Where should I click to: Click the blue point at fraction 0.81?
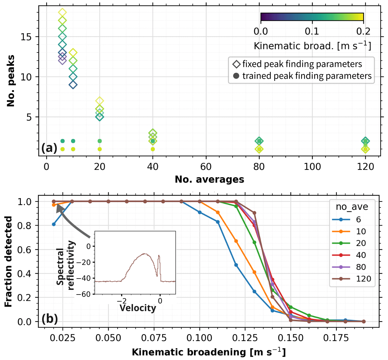[x=53, y=224]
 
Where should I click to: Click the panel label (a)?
[x=49, y=148]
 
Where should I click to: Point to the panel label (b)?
[x=49, y=319]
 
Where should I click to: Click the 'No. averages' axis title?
[x=209, y=180]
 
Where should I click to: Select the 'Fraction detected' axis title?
[x=9, y=262]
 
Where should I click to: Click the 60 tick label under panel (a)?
[x=206, y=166]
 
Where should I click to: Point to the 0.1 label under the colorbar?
[x=312, y=31]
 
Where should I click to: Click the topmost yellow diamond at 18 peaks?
[x=62, y=13]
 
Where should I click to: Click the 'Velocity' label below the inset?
[x=138, y=308]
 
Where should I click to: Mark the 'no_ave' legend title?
[x=352, y=207]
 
